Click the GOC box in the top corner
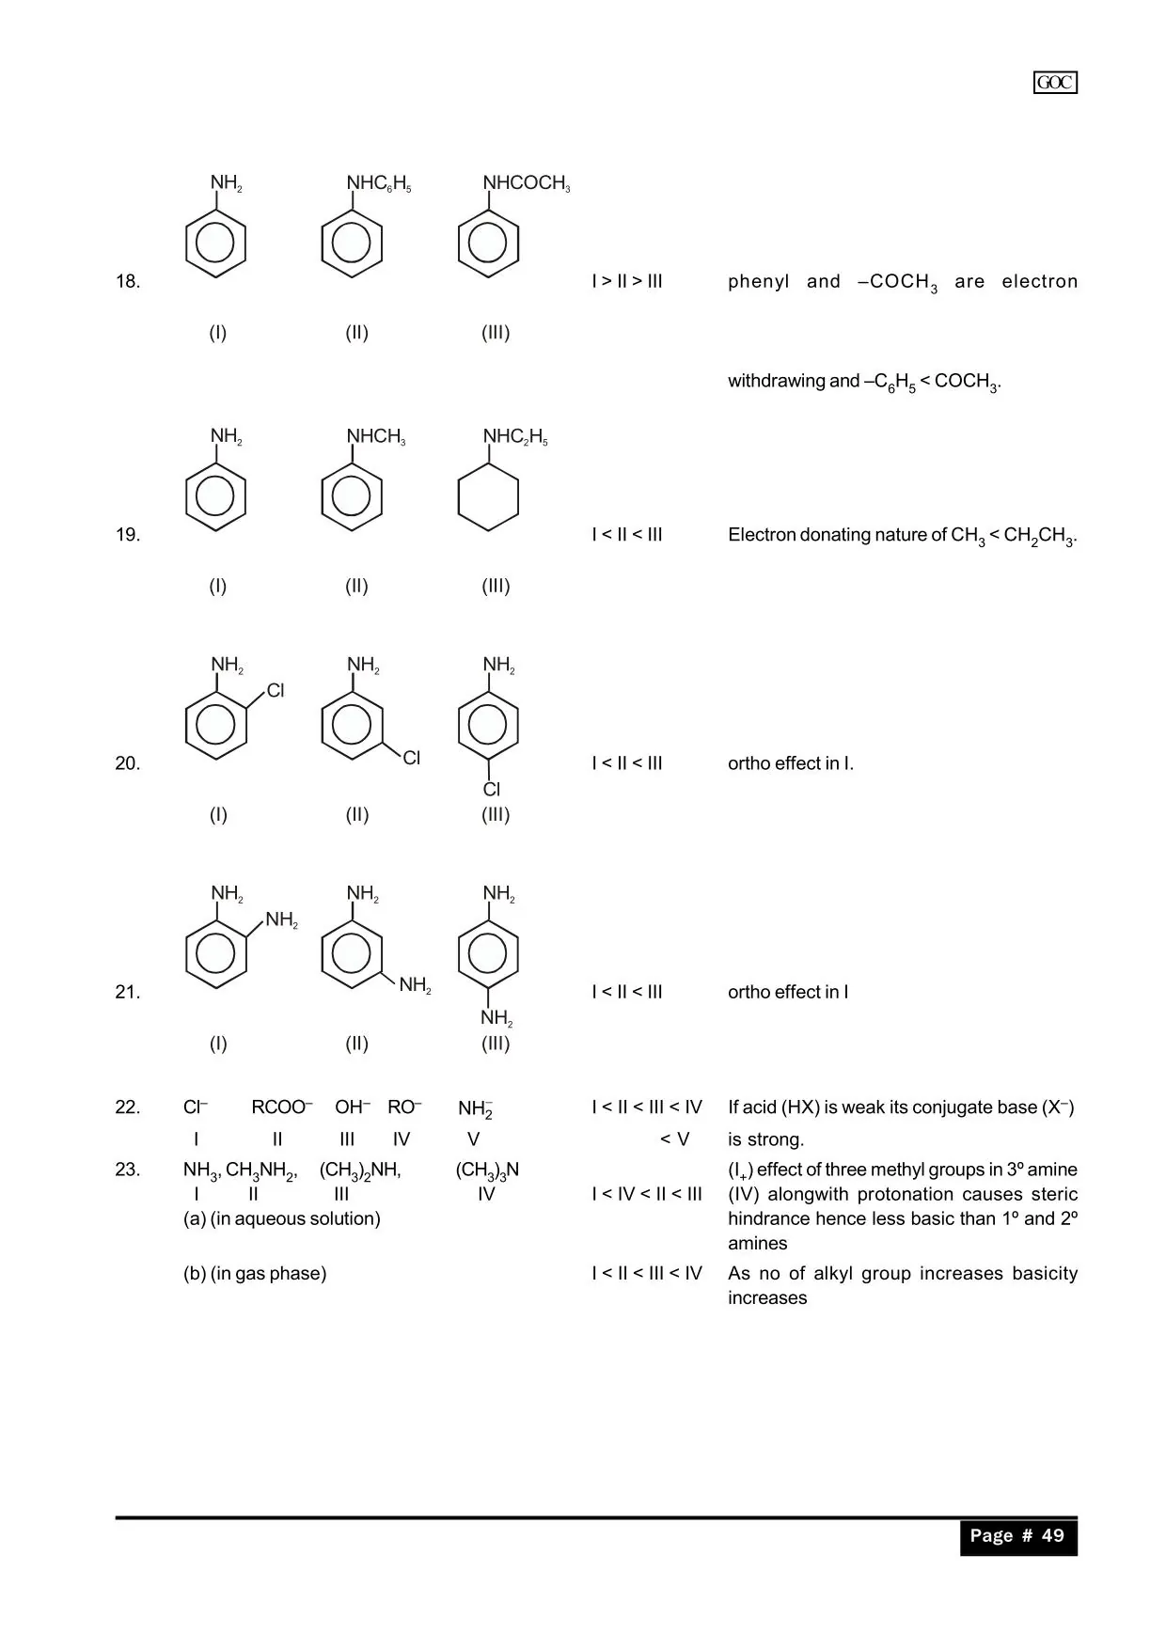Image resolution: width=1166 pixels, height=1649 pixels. [x=1055, y=83]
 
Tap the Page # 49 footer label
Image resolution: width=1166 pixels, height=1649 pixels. [x=1017, y=1535]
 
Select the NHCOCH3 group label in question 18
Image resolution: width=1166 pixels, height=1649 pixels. [x=527, y=183]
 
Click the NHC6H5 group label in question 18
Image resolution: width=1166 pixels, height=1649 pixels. [x=379, y=183]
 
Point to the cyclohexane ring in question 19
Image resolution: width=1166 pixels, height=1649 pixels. [x=488, y=498]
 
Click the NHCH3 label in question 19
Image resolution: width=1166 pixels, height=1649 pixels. [x=376, y=436]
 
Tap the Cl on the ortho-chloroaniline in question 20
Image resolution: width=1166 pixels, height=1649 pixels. [x=276, y=691]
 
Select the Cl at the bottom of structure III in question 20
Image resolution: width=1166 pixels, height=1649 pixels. [x=492, y=790]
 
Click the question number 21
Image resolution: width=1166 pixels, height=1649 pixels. [x=128, y=992]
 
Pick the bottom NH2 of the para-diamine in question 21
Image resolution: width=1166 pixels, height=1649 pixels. [x=496, y=1018]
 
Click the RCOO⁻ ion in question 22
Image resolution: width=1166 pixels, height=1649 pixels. [x=281, y=1107]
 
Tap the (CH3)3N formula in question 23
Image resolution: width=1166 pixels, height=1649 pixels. [x=487, y=1170]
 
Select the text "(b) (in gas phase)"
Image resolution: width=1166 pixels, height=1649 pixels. [x=255, y=1274]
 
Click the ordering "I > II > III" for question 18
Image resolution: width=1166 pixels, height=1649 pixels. [x=627, y=281]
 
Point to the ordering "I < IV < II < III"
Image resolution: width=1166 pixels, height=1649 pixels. [x=647, y=1194]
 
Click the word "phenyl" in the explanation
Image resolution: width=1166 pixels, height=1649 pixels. [x=758, y=281]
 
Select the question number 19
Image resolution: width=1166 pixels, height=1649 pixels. [x=128, y=535]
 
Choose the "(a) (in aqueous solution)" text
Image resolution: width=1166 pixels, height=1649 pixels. [x=282, y=1219]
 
